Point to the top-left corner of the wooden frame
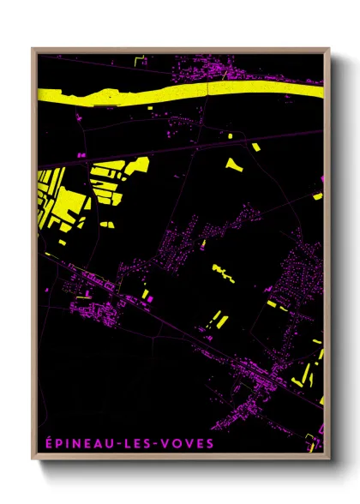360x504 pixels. tap(33, 49)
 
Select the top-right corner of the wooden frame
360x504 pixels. tap(328, 49)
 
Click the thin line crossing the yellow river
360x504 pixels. tap(225, 79)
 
